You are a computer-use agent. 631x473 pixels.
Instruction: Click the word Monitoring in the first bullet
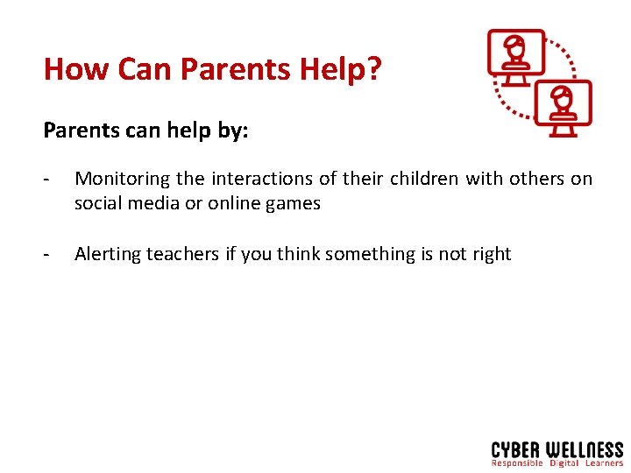[x=123, y=179]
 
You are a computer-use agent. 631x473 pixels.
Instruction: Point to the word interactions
[x=259, y=179]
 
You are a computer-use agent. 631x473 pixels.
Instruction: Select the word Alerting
[x=108, y=254]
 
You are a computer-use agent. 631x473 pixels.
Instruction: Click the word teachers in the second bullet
[x=182, y=254]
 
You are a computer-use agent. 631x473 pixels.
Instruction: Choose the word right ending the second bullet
[x=491, y=254]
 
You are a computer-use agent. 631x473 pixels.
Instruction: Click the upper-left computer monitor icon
[x=516, y=56]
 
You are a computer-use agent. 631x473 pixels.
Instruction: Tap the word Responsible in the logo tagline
[x=517, y=463]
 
